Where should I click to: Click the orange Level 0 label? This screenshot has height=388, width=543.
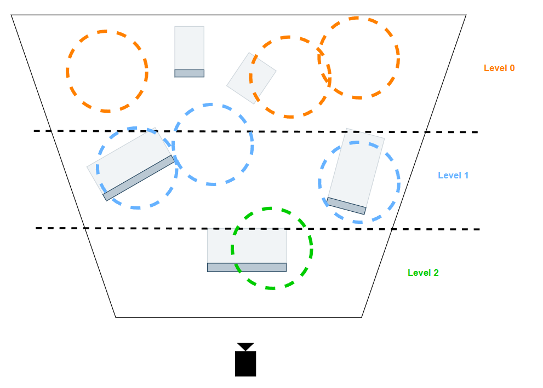(x=499, y=68)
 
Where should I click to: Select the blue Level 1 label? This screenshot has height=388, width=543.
(x=453, y=176)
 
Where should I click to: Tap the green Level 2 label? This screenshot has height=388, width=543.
(x=422, y=273)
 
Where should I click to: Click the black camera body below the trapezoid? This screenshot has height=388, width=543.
(x=245, y=363)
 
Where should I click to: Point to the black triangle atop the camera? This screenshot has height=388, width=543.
(x=245, y=346)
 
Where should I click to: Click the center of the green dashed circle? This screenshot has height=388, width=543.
(x=272, y=248)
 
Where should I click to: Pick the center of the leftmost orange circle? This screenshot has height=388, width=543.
(x=107, y=71)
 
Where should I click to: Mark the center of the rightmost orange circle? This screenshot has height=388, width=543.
(x=359, y=58)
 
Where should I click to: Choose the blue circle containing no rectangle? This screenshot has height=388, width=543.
(x=213, y=144)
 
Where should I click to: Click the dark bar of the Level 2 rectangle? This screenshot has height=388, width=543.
(x=247, y=267)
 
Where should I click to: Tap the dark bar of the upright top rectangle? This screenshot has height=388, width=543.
(x=189, y=73)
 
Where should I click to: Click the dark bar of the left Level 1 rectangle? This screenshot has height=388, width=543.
(x=138, y=178)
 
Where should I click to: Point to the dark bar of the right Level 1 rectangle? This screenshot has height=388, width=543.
(x=346, y=206)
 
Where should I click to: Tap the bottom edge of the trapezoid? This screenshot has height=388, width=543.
(x=238, y=317)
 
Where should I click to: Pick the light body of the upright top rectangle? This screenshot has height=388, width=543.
(x=189, y=48)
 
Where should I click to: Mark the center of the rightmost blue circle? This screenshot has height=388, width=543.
(x=359, y=182)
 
